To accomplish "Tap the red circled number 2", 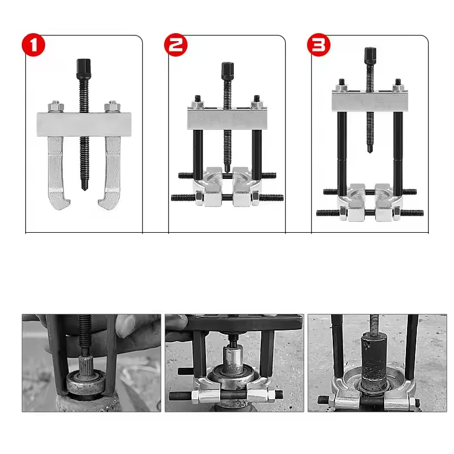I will pos(176,45).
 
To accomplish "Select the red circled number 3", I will pos(318,45).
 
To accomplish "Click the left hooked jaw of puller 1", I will pos(58,172).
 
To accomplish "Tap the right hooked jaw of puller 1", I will pos(111,172).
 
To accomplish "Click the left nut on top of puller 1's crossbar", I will pos(55,106).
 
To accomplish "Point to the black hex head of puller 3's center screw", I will pos(369,57).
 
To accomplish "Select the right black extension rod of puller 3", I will pos(398,149).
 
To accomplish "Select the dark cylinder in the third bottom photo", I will pos(374,360).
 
